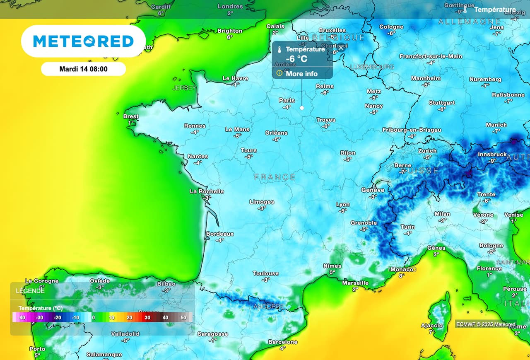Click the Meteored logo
(83, 41)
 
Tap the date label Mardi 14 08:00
(83, 69)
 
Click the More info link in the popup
(302, 74)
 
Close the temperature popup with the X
(341, 48)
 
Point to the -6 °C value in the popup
(296, 59)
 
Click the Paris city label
(287, 100)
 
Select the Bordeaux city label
(220, 234)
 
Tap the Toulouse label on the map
(266, 273)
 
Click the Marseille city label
(355, 283)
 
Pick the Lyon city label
(343, 204)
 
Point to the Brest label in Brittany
(131, 116)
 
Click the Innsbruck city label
(492, 155)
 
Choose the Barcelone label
(283, 342)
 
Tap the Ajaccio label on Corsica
(432, 326)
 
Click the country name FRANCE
(275, 177)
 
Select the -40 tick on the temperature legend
(22, 318)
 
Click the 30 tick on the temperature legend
(147, 318)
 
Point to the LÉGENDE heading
(30, 291)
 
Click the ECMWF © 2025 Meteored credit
(486, 324)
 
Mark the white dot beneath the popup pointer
(302, 108)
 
